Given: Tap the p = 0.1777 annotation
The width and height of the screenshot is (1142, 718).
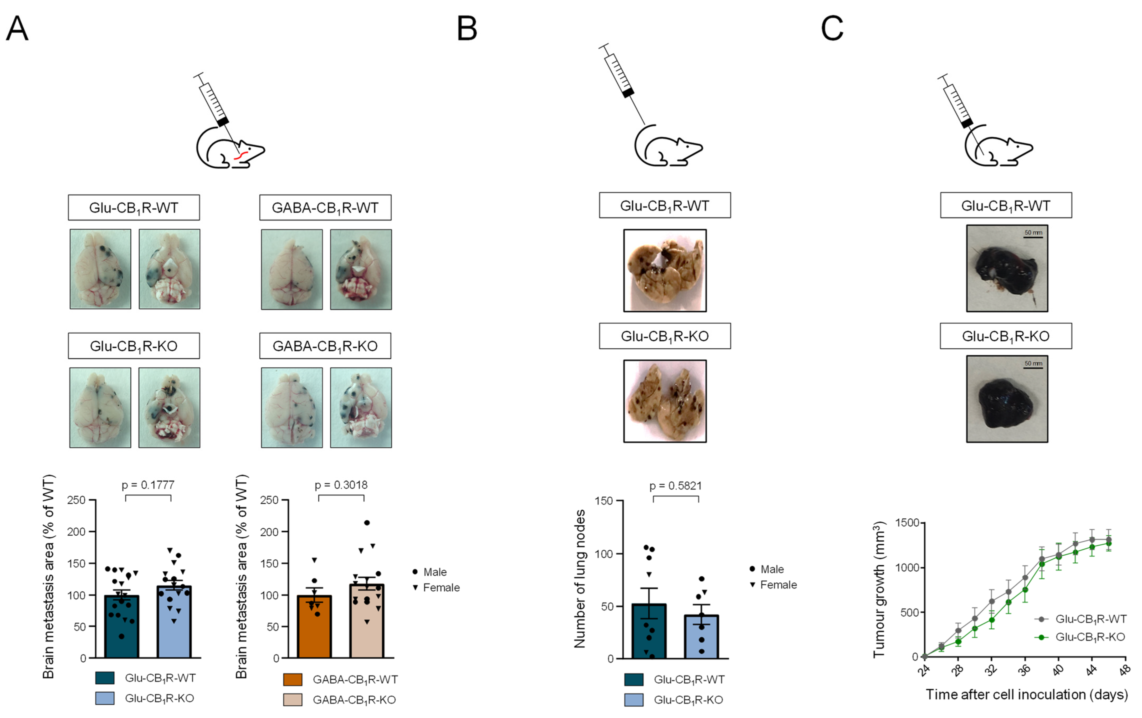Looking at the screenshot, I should [x=148, y=485].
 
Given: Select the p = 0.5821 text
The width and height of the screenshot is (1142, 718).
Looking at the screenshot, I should [x=675, y=486].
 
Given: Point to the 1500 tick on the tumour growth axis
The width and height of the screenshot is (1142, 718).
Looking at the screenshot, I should [x=907, y=523].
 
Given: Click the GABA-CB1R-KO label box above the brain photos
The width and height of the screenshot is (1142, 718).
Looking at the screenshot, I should [x=325, y=346].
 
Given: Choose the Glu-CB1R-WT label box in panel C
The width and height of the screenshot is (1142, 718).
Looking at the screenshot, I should [x=1006, y=206].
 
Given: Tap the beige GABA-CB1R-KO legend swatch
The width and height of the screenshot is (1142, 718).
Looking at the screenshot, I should [x=293, y=700].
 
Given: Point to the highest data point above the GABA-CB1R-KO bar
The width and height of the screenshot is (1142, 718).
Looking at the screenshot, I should [x=367, y=523].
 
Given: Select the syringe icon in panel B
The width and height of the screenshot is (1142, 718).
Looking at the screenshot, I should [x=622, y=83].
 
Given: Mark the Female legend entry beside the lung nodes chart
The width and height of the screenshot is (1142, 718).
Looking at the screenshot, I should [x=773, y=585].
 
